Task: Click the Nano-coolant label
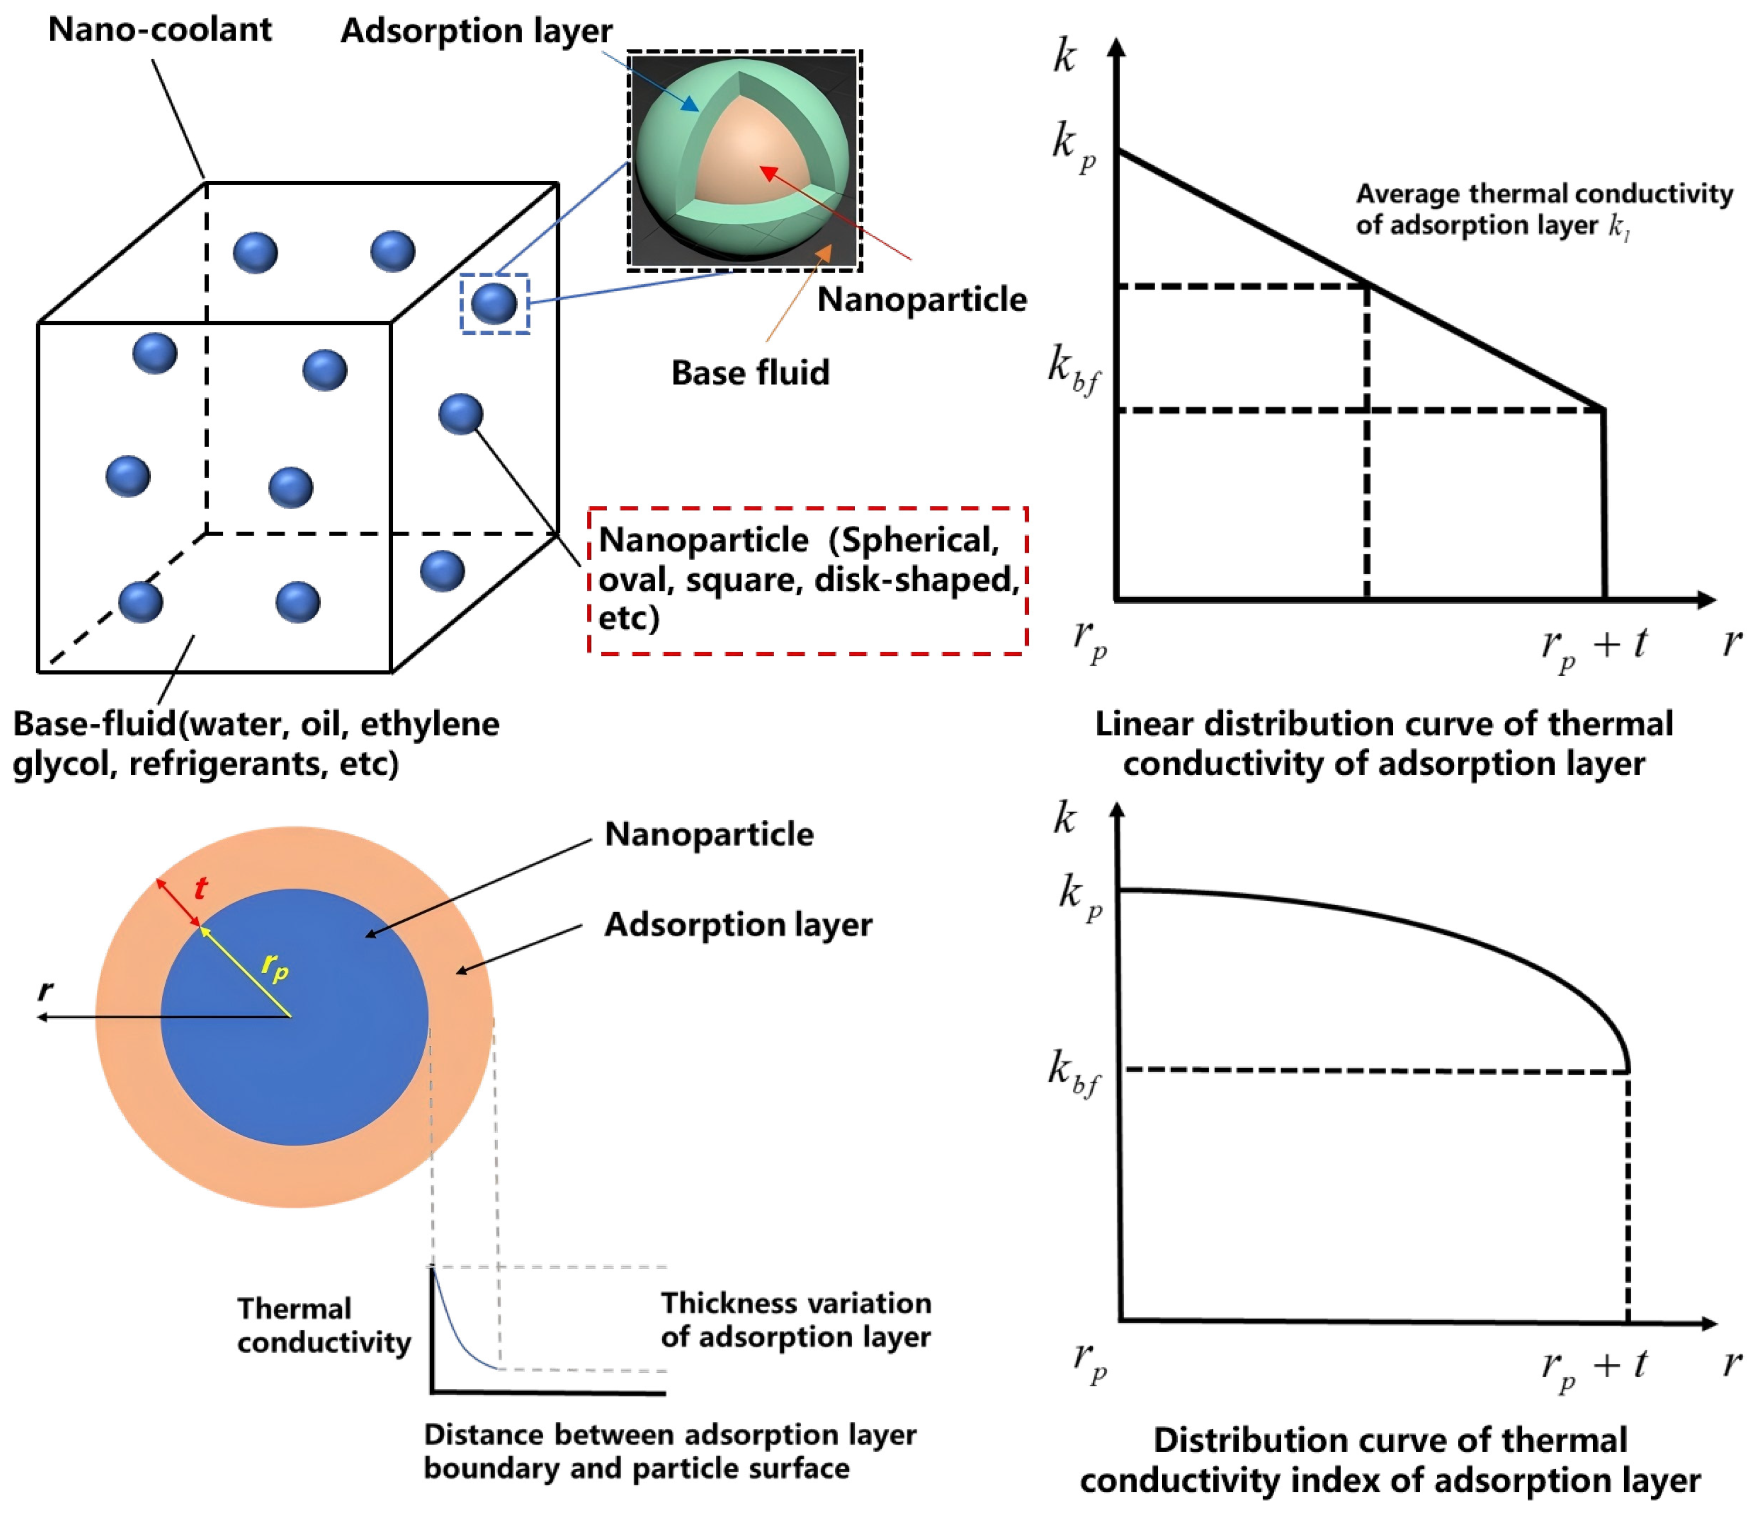159,30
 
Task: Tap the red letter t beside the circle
200,888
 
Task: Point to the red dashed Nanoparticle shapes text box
807,581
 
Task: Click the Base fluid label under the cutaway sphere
750,373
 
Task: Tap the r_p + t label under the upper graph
1593,646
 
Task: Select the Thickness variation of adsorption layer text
795,1320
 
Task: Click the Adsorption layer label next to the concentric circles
737,925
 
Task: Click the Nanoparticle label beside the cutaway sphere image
921,300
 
